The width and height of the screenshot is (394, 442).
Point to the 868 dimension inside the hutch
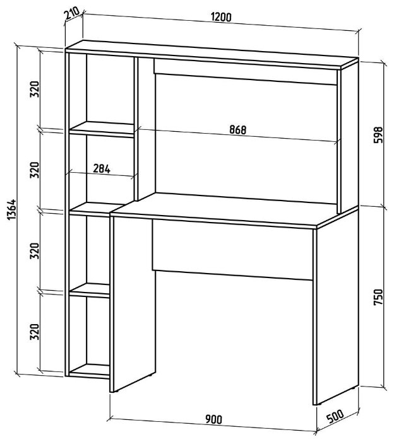(237, 130)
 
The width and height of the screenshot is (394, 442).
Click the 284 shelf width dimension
(102, 168)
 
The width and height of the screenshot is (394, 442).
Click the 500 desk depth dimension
(335, 417)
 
